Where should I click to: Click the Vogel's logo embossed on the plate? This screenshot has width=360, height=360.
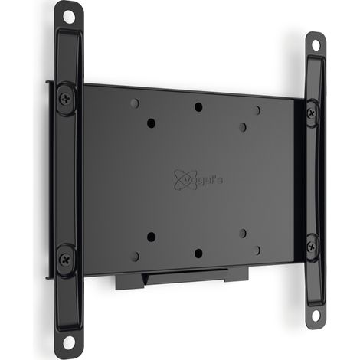[198, 180]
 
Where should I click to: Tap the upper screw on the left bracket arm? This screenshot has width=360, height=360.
[66, 99]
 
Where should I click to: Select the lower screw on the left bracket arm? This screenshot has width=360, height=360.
[65, 260]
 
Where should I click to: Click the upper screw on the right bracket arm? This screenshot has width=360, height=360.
[311, 113]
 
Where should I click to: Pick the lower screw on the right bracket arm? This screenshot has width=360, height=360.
[311, 247]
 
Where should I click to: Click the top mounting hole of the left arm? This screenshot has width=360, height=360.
[68, 17]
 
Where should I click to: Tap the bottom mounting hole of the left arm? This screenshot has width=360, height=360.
[68, 342]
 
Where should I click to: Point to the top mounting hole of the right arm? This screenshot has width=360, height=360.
[316, 45]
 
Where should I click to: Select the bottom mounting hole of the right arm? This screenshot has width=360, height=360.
[316, 316]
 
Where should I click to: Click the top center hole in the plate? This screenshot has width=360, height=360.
[198, 107]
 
